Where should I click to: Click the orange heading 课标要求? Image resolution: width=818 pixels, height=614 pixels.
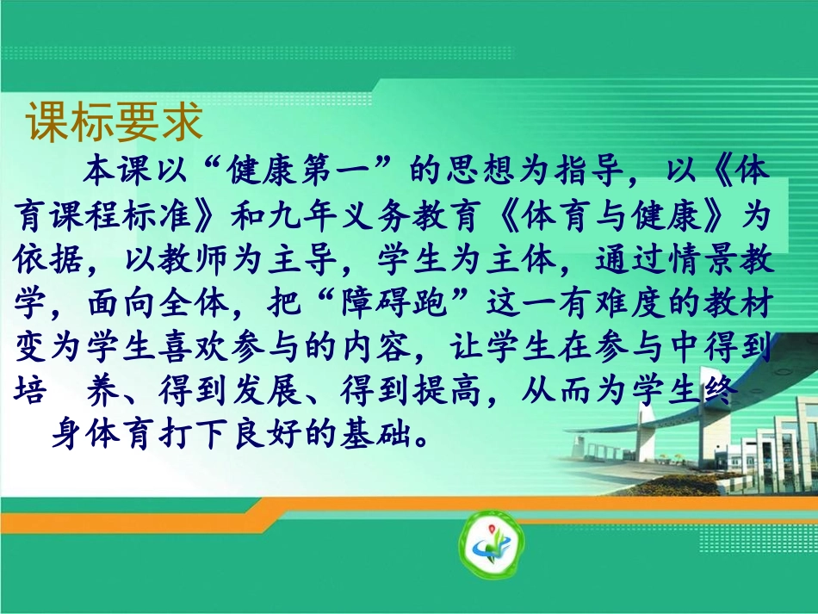tap(115, 123)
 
